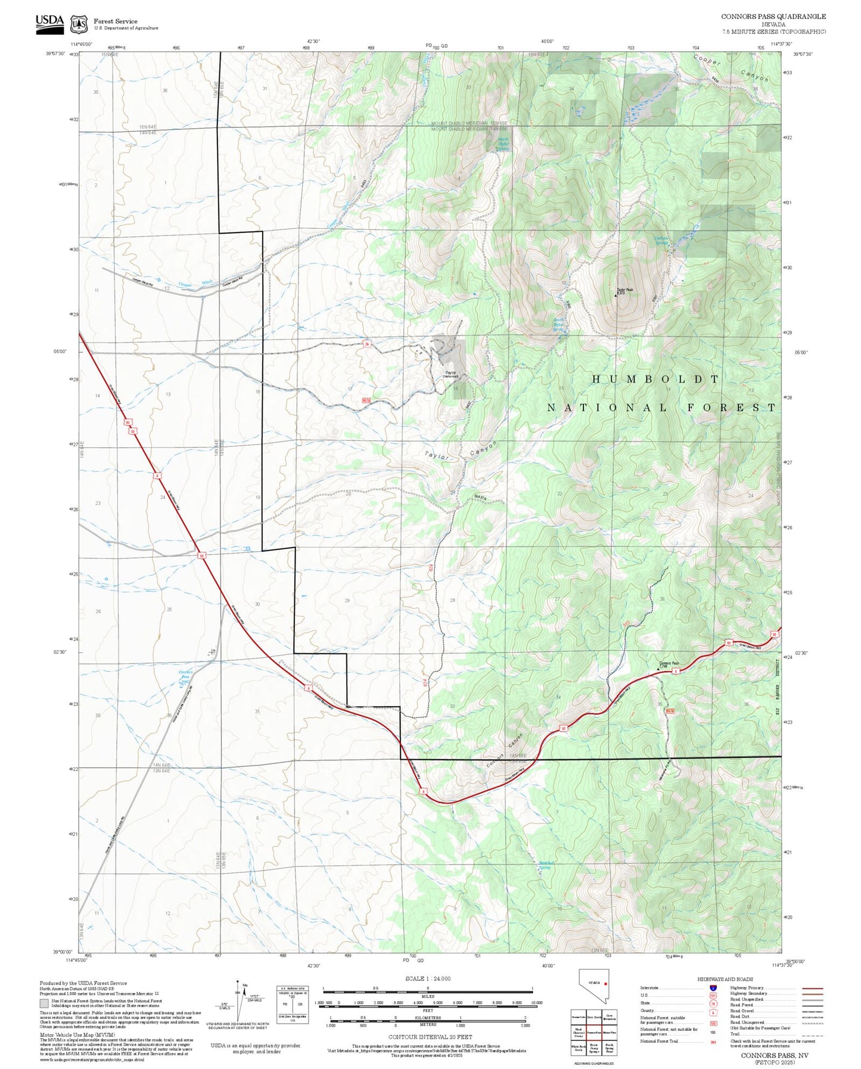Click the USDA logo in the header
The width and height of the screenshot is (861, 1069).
coord(49,22)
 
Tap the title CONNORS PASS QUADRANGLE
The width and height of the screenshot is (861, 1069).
coord(773,17)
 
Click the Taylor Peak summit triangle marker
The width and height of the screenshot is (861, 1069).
coord(616,294)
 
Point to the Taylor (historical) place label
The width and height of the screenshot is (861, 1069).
coord(451,374)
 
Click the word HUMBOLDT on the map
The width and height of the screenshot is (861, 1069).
coord(656,379)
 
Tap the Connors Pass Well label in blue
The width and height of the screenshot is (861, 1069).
coord(186,678)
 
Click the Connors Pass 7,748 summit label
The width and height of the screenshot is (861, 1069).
coord(669,664)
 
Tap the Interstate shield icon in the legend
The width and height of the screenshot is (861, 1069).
coord(713,987)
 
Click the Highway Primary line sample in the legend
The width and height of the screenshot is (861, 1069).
coord(813,988)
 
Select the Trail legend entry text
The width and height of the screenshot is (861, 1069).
coord(735,1034)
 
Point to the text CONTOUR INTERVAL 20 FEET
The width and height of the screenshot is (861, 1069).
coord(430,1037)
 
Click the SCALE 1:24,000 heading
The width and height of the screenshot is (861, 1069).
coord(427,979)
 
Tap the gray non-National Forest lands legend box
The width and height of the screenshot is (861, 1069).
coord(44,1003)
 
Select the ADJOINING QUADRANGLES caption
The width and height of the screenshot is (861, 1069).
coord(593,1064)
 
